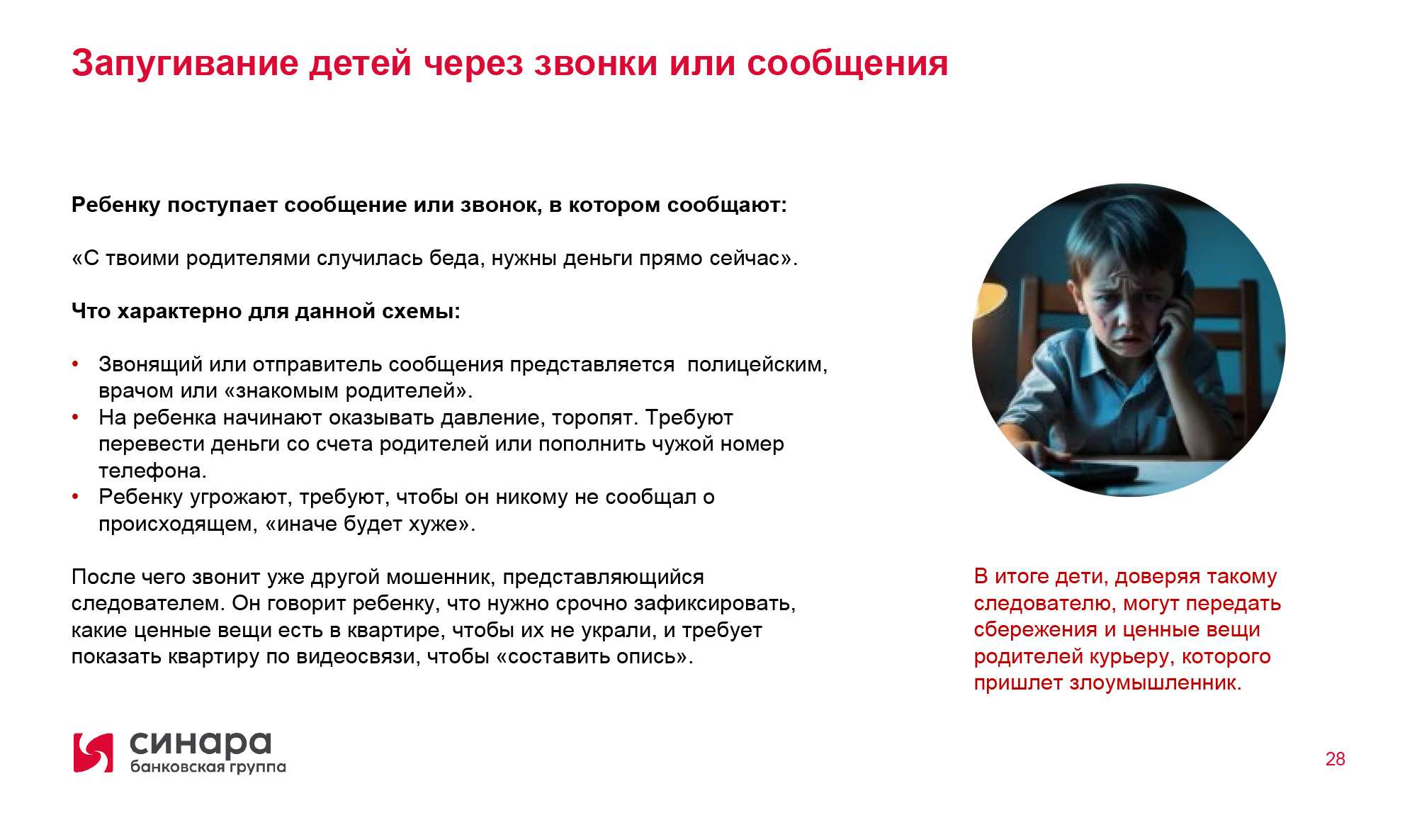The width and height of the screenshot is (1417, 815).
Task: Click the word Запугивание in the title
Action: pyautogui.click(x=186, y=64)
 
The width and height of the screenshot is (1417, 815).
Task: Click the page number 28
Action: pyautogui.click(x=1335, y=759)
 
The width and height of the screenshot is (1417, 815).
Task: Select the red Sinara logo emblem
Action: pyautogui.click(x=94, y=753)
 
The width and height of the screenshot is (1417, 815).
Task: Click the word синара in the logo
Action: pyautogui.click(x=201, y=744)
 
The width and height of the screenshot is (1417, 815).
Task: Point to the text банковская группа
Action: pyautogui.click(x=208, y=767)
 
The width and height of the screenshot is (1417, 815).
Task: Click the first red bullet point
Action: pyautogui.click(x=75, y=364)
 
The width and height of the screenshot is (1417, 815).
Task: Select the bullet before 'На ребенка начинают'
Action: pyautogui.click(x=75, y=417)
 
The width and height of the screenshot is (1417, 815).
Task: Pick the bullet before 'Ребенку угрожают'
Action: pyautogui.click(x=75, y=497)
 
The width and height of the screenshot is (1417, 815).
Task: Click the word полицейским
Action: pyautogui.click(x=757, y=365)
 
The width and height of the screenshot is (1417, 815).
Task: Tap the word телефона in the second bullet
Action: pyautogui.click(x=152, y=471)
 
